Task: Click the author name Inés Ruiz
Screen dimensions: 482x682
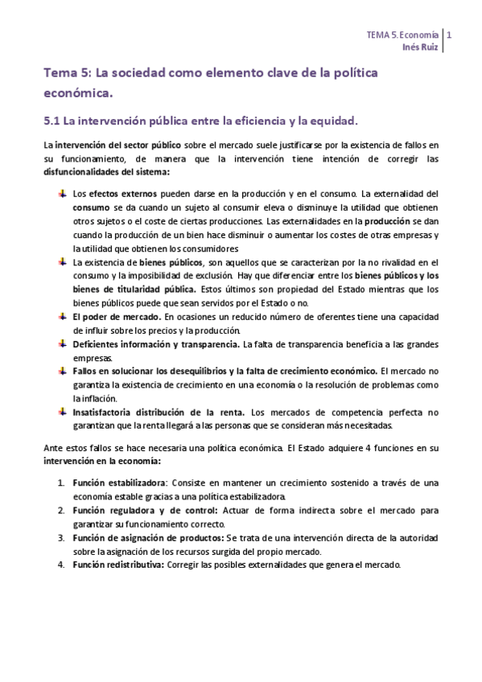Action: tap(421, 47)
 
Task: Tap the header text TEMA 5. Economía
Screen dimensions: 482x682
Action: tap(402, 35)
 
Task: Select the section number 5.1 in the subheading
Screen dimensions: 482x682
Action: tap(51, 121)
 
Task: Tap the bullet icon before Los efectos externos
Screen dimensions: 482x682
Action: tap(63, 194)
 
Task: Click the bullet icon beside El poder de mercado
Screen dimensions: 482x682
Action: tap(63, 317)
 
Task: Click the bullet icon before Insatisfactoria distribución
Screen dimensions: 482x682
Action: tap(63, 412)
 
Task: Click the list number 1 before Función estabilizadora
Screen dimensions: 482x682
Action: tap(62, 483)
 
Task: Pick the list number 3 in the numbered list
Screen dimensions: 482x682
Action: tap(62, 537)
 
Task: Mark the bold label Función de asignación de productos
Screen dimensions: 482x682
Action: tap(148, 537)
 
